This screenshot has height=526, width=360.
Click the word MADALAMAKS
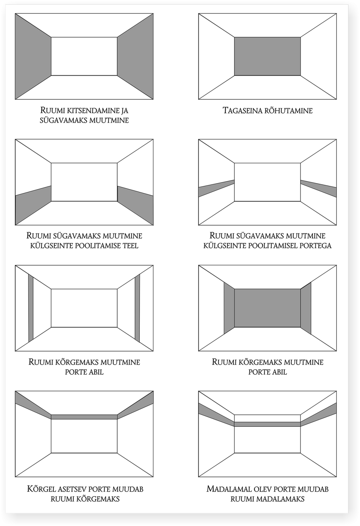(x=281, y=499)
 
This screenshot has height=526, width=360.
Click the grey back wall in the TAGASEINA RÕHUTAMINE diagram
(x=267, y=56)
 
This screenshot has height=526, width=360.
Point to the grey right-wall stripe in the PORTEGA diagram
(x=318, y=188)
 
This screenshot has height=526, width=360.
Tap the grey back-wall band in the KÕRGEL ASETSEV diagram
(x=84, y=417)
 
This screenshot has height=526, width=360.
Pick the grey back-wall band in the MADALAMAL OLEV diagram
(x=267, y=424)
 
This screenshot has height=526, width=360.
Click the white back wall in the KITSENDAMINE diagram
(x=84, y=56)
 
